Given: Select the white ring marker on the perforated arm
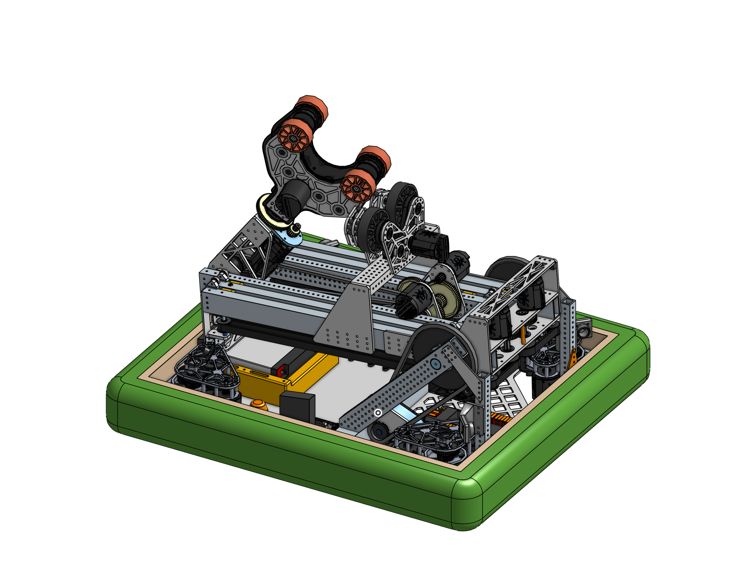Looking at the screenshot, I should [x=378, y=413].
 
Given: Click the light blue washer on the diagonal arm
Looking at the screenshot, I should [x=435, y=364].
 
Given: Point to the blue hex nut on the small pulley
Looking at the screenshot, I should [x=379, y=432].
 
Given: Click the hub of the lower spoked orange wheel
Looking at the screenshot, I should [x=357, y=189].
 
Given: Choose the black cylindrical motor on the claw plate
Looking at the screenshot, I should [x=292, y=196].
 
